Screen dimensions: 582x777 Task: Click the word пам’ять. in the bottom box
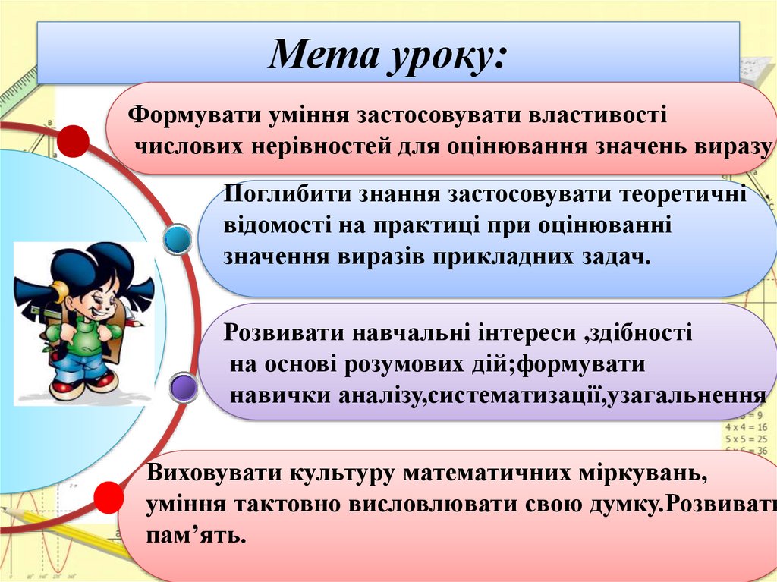197,535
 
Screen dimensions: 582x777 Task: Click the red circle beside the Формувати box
74,141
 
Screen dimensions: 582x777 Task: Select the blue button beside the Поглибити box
178,241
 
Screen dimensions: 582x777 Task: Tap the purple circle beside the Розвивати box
182,389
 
